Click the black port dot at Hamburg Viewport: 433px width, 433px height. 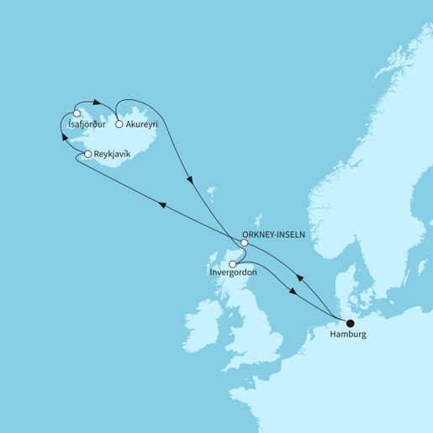click(351, 322)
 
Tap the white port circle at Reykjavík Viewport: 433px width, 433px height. click(88, 155)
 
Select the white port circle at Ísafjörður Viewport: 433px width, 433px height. click(77, 114)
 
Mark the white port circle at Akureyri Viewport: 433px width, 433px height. click(119, 124)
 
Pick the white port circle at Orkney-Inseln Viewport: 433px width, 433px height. click(244, 243)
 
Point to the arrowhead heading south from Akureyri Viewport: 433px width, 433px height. click(193, 180)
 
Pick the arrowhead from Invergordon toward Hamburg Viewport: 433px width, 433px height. click(291, 292)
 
